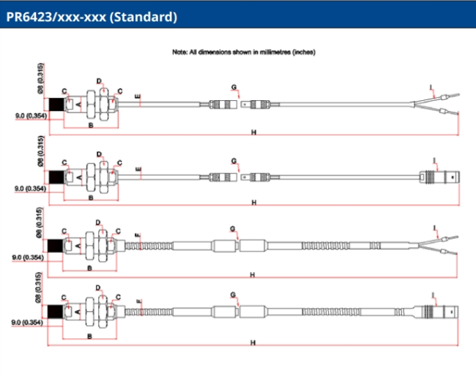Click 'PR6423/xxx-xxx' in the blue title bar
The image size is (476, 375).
click(55, 16)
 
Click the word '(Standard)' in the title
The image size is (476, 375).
click(143, 16)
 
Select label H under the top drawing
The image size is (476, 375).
click(254, 132)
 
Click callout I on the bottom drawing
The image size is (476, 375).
click(434, 294)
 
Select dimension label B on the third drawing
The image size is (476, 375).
click(90, 268)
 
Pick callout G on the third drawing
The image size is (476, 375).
click(233, 229)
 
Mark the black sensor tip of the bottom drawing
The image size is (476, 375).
click(53, 314)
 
